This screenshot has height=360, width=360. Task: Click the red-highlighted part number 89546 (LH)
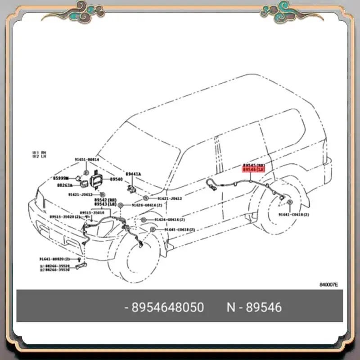[x=253, y=170]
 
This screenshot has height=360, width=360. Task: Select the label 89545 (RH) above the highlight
[x=253, y=166]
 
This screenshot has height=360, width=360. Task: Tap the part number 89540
[x=116, y=179]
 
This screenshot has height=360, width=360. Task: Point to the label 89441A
[x=133, y=174]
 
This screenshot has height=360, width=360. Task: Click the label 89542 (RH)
[x=103, y=199]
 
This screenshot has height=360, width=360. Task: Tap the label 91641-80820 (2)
[x=54, y=259]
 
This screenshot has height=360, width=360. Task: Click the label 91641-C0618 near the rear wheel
[x=293, y=215]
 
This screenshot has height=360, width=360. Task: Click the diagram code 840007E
[x=328, y=285]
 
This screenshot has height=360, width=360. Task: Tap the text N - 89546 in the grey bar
[x=254, y=307]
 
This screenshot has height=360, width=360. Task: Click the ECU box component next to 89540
[x=97, y=180]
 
